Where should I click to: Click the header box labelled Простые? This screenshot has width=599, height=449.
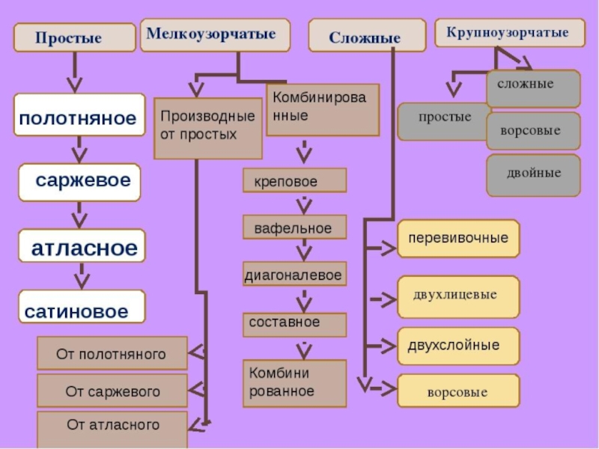point(69,38)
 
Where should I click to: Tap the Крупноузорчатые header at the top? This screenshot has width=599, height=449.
point(507,34)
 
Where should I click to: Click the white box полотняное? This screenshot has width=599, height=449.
point(79,115)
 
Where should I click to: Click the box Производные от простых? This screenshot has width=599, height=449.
point(208,127)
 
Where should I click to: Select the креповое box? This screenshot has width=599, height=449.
point(294,181)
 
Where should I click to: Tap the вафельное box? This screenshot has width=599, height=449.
point(294,227)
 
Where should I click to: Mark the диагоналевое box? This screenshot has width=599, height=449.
point(294,275)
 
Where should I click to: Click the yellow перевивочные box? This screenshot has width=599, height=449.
point(458,239)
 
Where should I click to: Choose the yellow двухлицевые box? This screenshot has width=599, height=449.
point(458,294)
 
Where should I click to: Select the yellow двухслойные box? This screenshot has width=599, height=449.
point(458,346)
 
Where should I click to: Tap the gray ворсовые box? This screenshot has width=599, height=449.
point(533,131)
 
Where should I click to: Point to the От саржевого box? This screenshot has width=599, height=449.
point(112,391)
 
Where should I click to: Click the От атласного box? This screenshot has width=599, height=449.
point(112,425)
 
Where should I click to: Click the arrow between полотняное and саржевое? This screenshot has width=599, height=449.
point(79,149)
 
